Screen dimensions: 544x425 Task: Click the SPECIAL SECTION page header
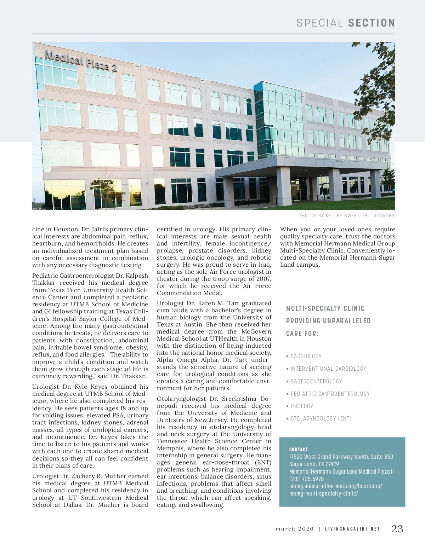(346, 23)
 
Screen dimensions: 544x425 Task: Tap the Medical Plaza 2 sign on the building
(81, 60)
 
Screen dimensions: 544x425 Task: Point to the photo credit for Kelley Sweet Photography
(346, 215)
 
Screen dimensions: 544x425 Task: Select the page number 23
(397, 529)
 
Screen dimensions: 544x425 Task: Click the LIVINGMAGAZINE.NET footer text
(352, 529)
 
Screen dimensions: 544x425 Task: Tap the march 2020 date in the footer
(295, 529)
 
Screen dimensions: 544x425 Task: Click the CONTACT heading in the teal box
(299, 450)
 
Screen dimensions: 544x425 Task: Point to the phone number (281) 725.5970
(306, 479)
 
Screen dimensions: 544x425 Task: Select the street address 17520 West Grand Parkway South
(341, 457)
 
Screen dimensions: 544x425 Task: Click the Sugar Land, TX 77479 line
(314, 464)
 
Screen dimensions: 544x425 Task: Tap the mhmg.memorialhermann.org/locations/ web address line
(336, 486)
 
